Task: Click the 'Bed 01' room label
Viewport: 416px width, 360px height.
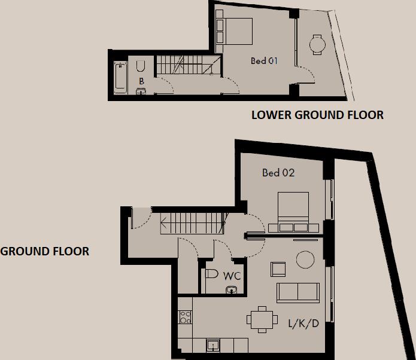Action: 265,61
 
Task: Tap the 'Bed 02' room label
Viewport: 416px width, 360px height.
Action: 278,173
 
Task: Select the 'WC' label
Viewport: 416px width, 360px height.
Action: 232,276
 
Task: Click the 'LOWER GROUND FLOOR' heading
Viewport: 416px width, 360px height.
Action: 317,114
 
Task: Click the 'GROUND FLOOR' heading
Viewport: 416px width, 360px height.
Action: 45,251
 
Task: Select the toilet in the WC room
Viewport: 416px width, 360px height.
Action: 210,274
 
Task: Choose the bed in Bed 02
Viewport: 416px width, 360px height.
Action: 293,211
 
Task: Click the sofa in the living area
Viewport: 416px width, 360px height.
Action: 297,292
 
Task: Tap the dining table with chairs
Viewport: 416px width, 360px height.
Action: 261,319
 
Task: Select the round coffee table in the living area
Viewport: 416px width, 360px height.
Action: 305,259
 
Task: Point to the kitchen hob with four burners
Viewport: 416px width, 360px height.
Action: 185,317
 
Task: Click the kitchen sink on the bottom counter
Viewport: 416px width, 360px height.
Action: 212,345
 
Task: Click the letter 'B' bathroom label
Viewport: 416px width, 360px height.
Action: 141,81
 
